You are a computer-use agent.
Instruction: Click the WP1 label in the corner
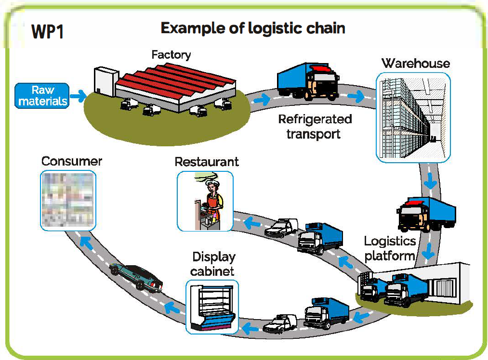[x=47, y=32]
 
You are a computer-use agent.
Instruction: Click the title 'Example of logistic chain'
[x=252, y=28]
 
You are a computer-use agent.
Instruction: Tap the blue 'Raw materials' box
[x=42, y=96]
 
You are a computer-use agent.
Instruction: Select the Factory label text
[x=171, y=54]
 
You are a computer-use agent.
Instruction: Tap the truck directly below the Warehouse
[x=426, y=214]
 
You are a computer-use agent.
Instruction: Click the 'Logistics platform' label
[x=389, y=248]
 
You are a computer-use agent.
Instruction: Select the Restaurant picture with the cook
[x=205, y=201]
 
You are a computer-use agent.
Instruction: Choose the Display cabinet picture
[x=212, y=307]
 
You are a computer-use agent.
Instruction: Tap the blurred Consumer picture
[x=68, y=200]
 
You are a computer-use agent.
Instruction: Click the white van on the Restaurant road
[x=282, y=228]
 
